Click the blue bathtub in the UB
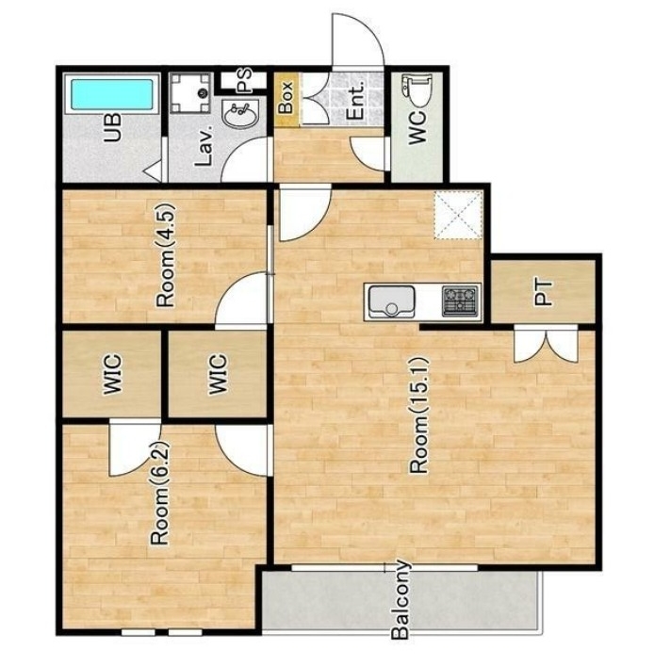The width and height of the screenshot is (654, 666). click(x=112, y=94)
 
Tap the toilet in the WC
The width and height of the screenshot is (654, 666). click(x=418, y=90)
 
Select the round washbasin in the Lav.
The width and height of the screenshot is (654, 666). click(x=241, y=114)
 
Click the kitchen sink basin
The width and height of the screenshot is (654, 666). click(x=391, y=302)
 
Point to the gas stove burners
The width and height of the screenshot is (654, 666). click(x=459, y=301)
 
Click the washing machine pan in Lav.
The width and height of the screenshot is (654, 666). click(x=191, y=93)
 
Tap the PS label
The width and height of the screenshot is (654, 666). click(x=244, y=81)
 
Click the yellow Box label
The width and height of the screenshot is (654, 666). click(x=286, y=97)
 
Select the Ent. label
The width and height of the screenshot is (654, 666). click(x=355, y=100)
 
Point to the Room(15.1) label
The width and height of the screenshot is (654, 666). click(x=419, y=415)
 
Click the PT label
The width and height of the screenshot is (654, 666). click(x=543, y=292)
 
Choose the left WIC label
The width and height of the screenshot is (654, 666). click(x=112, y=374)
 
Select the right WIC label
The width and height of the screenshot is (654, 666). click(x=218, y=374)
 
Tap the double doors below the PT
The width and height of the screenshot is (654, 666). click(x=546, y=344)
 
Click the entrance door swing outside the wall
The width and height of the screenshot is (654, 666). click(x=358, y=40)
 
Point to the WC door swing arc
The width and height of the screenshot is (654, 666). click(x=368, y=154)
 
